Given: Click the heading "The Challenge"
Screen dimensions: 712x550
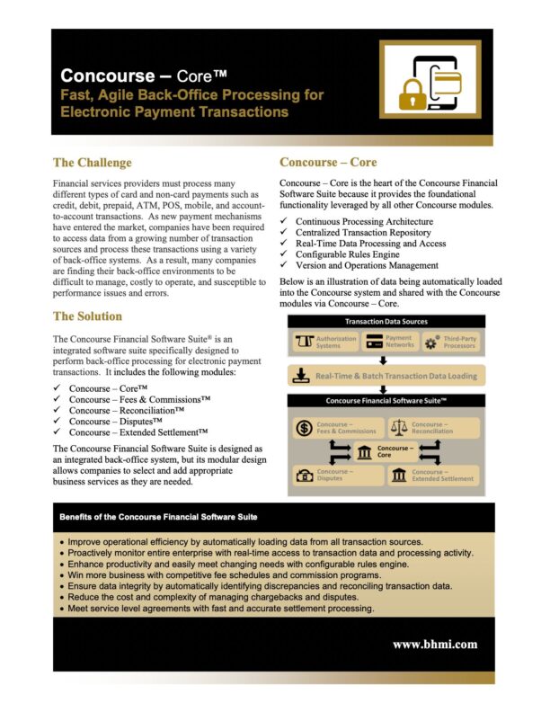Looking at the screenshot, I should pos(93,163).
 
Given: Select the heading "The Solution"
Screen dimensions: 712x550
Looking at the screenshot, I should pos(88,316).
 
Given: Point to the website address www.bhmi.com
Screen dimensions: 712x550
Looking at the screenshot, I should pos(435,644).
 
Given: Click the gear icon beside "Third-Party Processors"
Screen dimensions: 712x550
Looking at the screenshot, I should pos(430,343).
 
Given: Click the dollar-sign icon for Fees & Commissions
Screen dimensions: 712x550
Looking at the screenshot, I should pos(304,429).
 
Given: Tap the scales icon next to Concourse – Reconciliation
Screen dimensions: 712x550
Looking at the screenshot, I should pos(398,429).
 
